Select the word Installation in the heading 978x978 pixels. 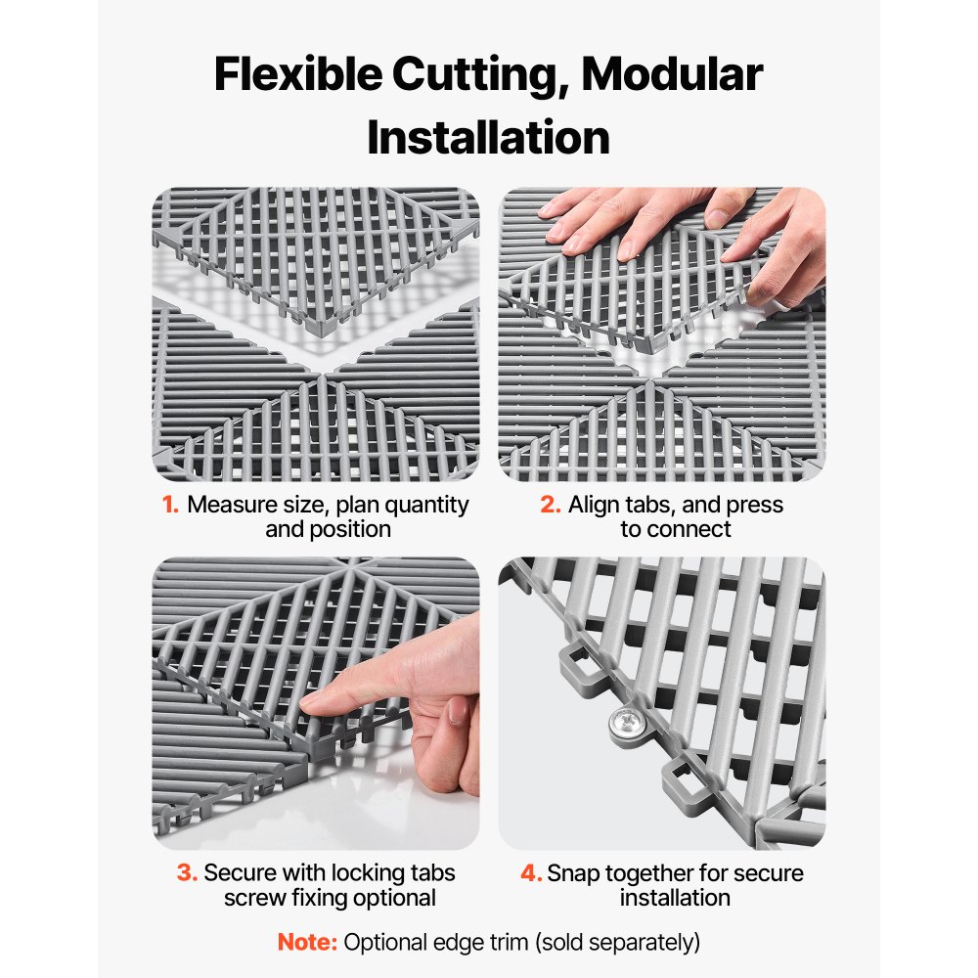click(x=488, y=138)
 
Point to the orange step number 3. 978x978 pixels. click(x=187, y=872)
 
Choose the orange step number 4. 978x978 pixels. click(x=531, y=872)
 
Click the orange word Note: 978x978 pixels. click(x=307, y=943)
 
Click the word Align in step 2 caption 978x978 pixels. click(x=593, y=506)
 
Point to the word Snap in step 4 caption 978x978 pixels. click(x=572, y=872)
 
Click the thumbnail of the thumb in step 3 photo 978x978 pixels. click(x=457, y=711)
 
